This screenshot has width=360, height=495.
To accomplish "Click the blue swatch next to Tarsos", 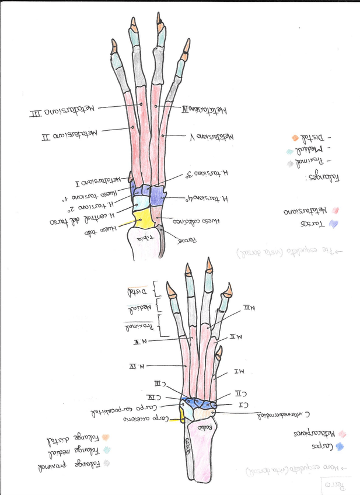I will (333, 224).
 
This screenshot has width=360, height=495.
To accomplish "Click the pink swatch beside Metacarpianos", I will (342, 434).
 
